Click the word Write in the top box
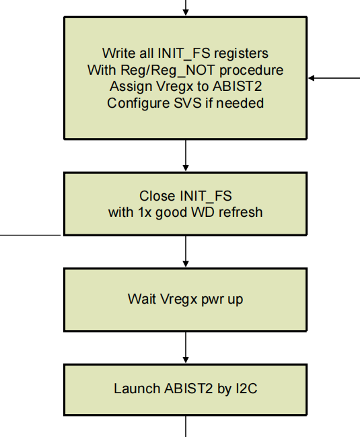(116, 53)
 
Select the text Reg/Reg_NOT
(152, 70)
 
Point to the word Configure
(135, 104)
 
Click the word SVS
(192, 104)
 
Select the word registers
(239, 53)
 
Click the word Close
(157, 196)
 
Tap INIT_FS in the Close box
(205, 196)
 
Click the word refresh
(240, 213)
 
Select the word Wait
(140, 298)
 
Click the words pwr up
(224, 298)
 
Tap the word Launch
(137, 389)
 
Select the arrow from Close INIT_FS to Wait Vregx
(186, 252)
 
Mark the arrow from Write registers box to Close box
(186, 156)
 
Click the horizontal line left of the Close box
(30, 235)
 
